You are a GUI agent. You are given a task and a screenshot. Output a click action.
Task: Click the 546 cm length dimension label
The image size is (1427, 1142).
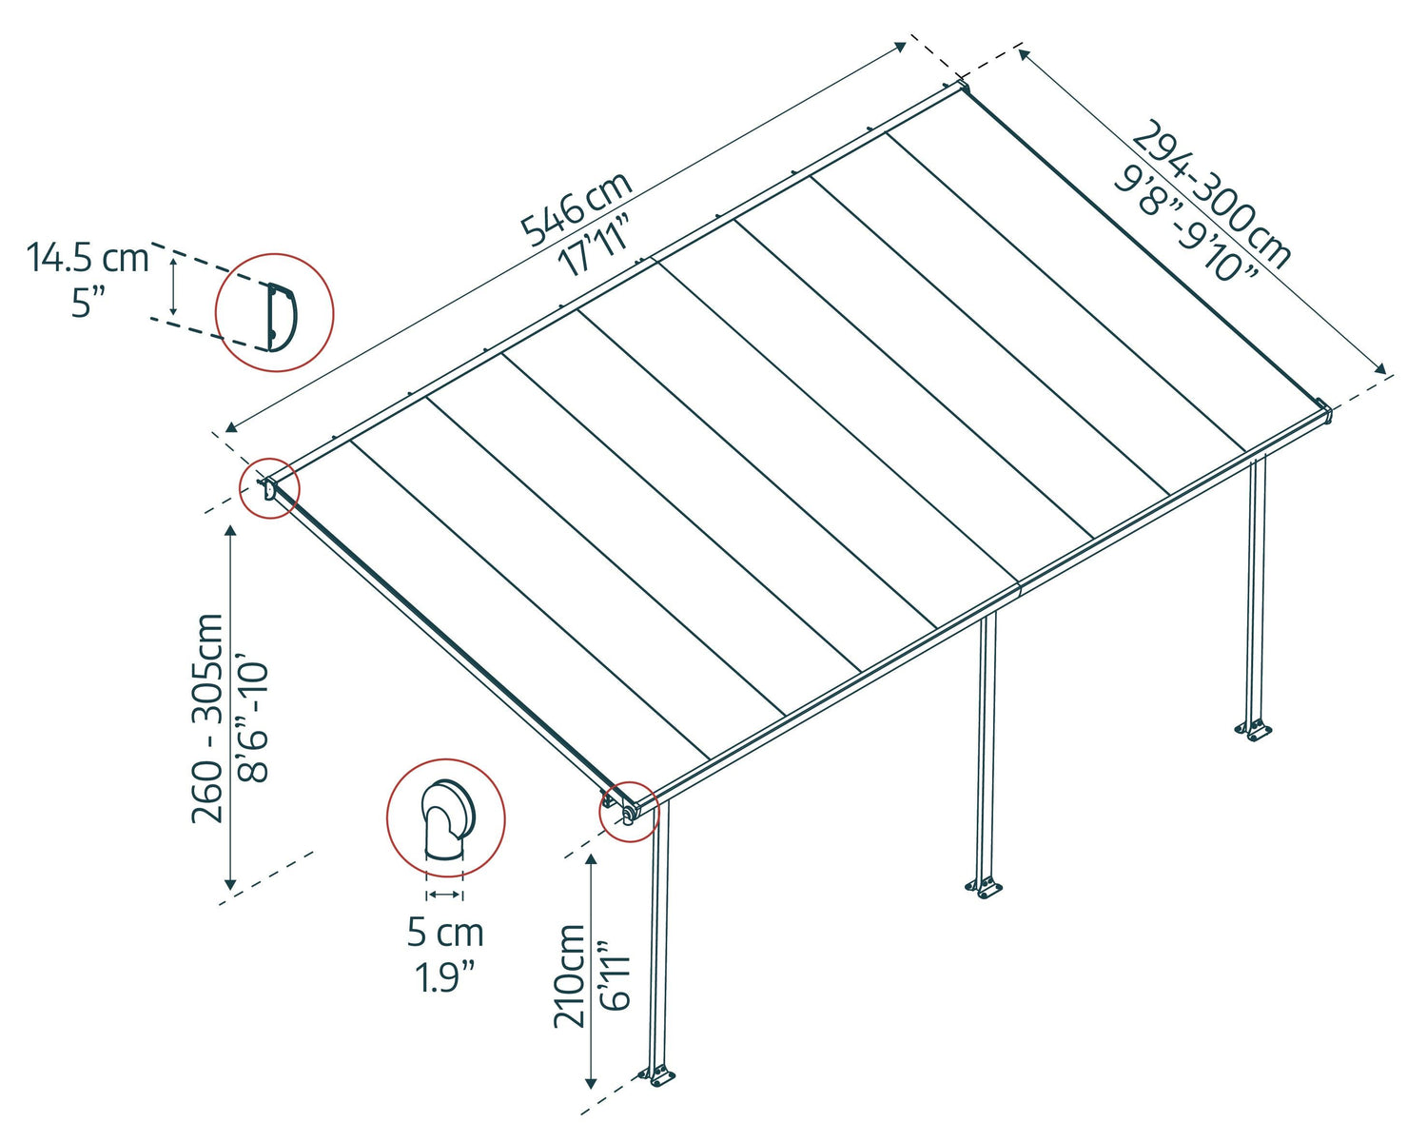(x=576, y=207)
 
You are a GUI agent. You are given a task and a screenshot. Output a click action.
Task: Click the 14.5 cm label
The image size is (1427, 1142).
(x=88, y=258)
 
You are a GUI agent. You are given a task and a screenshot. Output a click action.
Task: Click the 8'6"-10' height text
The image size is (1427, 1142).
(x=254, y=719)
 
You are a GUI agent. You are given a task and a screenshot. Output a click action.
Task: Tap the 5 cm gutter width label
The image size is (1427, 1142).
(x=445, y=933)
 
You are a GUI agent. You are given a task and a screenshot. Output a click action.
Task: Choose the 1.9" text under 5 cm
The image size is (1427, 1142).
(x=445, y=977)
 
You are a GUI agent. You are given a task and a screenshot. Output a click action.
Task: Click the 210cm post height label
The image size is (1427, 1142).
(x=570, y=975)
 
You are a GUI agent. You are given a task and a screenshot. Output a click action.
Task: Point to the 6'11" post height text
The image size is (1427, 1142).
(x=615, y=975)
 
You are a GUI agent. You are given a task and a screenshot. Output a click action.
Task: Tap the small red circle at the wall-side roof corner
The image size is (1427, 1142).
(x=269, y=489)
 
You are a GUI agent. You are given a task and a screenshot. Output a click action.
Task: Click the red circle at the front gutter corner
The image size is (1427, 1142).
(x=628, y=811)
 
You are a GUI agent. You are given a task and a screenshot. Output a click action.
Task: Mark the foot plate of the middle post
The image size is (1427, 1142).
(x=984, y=889)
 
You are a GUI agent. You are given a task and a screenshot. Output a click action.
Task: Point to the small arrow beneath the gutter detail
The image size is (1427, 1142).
(x=444, y=895)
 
